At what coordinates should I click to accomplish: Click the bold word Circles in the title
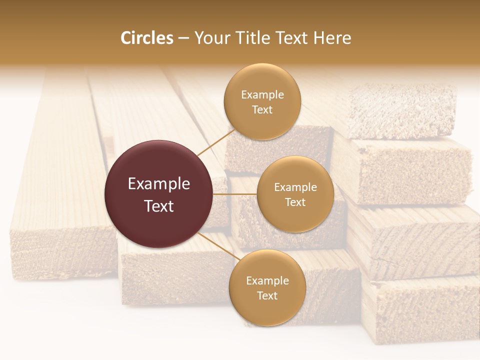[146, 38]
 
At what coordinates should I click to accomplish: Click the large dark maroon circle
[159, 194]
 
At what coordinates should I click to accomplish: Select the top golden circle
[262, 102]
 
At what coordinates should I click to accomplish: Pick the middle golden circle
[295, 194]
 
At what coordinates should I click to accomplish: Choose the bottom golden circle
[267, 287]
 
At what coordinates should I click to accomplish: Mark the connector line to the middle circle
[235, 194]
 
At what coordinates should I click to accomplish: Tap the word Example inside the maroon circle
[159, 184]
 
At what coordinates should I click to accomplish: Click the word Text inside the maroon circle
[159, 206]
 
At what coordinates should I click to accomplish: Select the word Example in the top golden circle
[262, 95]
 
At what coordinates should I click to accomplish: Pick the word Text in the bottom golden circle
[267, 295]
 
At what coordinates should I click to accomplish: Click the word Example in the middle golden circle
[295, 187]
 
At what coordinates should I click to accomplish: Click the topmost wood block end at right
[402, 111]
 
